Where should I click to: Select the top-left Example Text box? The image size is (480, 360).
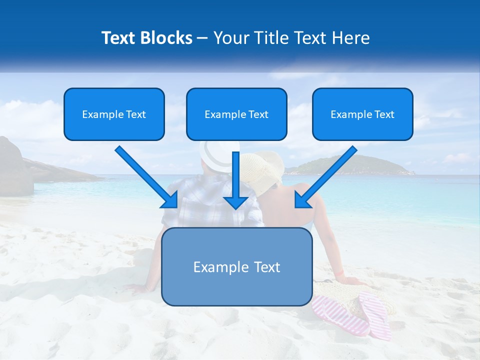(x=114, y=114)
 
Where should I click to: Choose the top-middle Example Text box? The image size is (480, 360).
(x=236, y=114)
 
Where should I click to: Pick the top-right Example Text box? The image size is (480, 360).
(x=362, y=114)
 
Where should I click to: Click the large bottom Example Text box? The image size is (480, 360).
(x=236, y=266)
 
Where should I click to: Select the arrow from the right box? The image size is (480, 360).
(x=325, y=177)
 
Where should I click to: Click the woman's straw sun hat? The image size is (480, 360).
(x=265, y=167)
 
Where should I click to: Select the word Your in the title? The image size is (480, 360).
(x=231, y=38)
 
